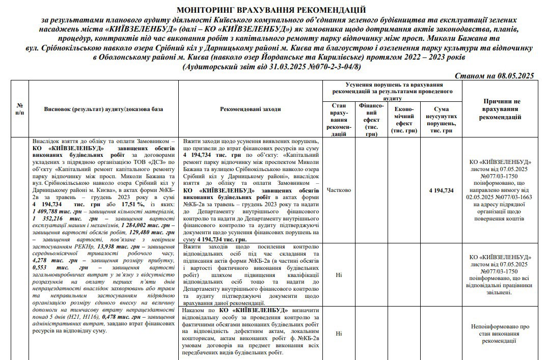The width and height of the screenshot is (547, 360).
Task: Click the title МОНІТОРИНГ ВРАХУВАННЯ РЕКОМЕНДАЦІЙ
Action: point(271,10)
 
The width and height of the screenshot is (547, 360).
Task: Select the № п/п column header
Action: point(19,109)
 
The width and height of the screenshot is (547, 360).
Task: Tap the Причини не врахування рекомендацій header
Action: point(502,109)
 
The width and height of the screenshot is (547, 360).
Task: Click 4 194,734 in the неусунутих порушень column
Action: point(441,190)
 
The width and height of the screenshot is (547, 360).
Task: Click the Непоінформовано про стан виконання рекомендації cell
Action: point(502,334)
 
